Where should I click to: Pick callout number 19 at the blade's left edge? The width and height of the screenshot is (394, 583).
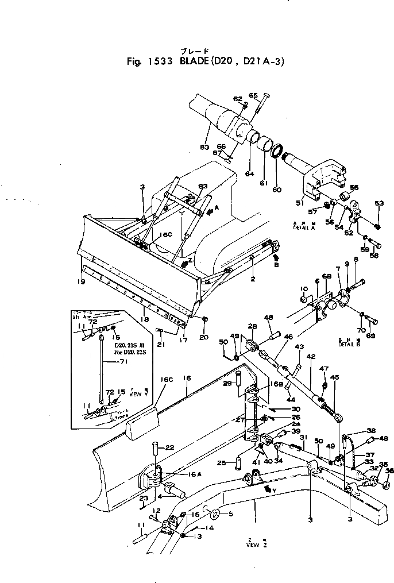(82, 281)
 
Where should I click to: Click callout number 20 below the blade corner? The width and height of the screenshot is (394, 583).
(204, 337)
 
